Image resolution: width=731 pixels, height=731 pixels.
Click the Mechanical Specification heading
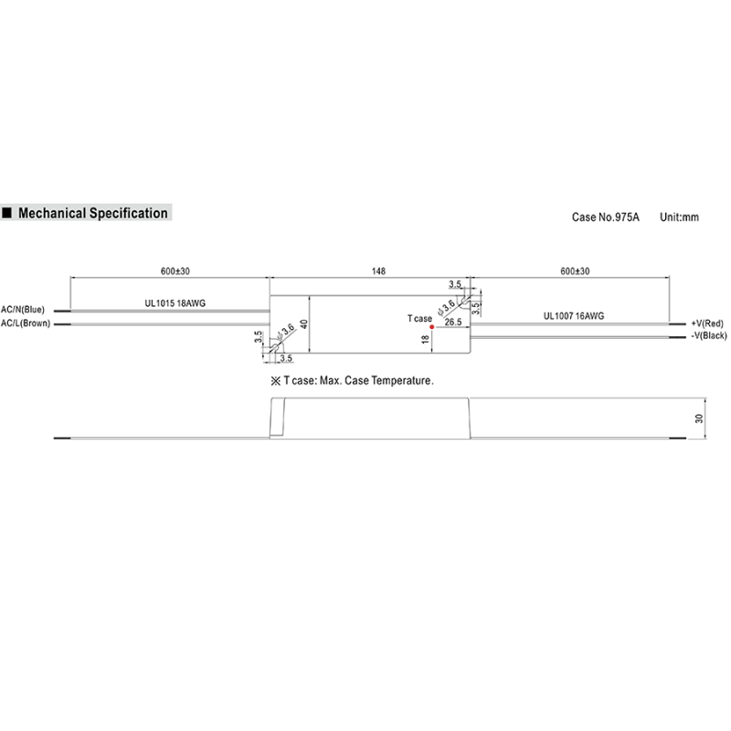click(93, 213)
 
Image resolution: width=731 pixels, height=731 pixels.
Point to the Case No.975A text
click(606, 217)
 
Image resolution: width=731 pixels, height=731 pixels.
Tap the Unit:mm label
click(679, 217)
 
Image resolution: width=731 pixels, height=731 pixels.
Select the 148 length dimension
click(378, 271)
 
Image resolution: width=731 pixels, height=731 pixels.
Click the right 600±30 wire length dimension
click(575, 271)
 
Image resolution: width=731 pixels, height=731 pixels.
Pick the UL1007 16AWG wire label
click(573, 315)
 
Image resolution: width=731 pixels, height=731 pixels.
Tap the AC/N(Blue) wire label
click(23, 310)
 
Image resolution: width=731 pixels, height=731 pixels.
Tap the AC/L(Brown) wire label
click(26, 323)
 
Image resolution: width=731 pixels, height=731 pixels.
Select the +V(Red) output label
click(707, 323)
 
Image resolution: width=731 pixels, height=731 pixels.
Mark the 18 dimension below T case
click(425, 339)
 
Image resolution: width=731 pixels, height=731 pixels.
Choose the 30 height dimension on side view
click(699, 419)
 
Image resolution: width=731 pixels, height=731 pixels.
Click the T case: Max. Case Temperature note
click(351, 380)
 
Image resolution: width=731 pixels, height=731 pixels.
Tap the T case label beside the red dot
click(418, 318)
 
